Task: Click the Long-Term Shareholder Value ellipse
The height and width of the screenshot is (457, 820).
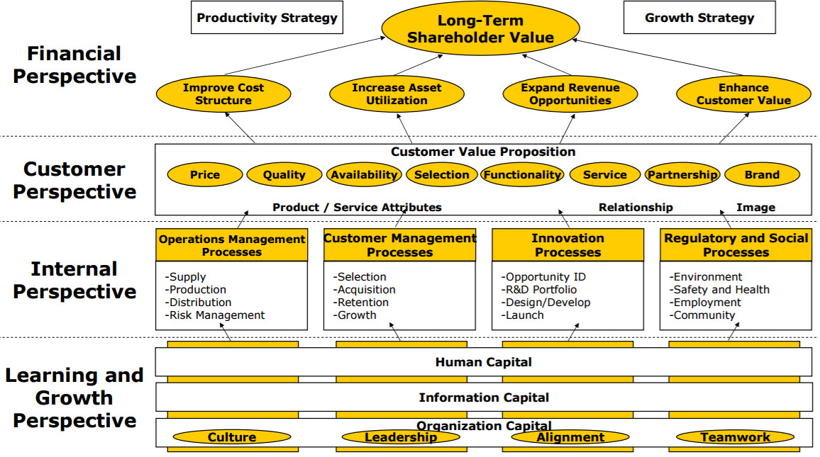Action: (481, 29)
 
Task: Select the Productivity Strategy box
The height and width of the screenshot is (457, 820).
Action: (267, 18)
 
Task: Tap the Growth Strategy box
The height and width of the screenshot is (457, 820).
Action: (699, 18)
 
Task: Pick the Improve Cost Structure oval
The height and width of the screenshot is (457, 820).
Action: (223, 94)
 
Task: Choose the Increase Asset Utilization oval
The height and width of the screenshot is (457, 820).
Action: (397, 94)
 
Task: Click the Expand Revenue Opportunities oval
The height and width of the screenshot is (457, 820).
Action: (570, 94)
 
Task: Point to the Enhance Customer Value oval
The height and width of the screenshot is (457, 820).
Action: (743, 94)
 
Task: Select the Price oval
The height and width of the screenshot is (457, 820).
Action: (205, 175)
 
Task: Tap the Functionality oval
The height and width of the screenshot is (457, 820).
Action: (523, 175)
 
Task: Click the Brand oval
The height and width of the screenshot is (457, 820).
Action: (762, 175)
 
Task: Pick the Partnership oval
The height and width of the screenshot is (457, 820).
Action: (682, 175)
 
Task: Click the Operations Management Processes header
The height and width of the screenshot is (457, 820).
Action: (232, 245)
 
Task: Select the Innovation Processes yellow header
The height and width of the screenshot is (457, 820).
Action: (568, 245)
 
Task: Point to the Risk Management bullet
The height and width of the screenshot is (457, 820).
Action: (215, 315)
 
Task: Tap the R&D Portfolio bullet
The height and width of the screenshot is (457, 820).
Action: (539, 289)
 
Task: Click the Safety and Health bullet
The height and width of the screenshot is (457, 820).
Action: (719, 289)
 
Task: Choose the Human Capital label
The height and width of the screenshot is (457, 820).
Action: (483, 362)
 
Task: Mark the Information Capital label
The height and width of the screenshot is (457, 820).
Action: (484, 397)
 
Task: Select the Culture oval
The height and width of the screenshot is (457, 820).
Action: (232, 437)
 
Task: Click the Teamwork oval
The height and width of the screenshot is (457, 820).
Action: (736, 437)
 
